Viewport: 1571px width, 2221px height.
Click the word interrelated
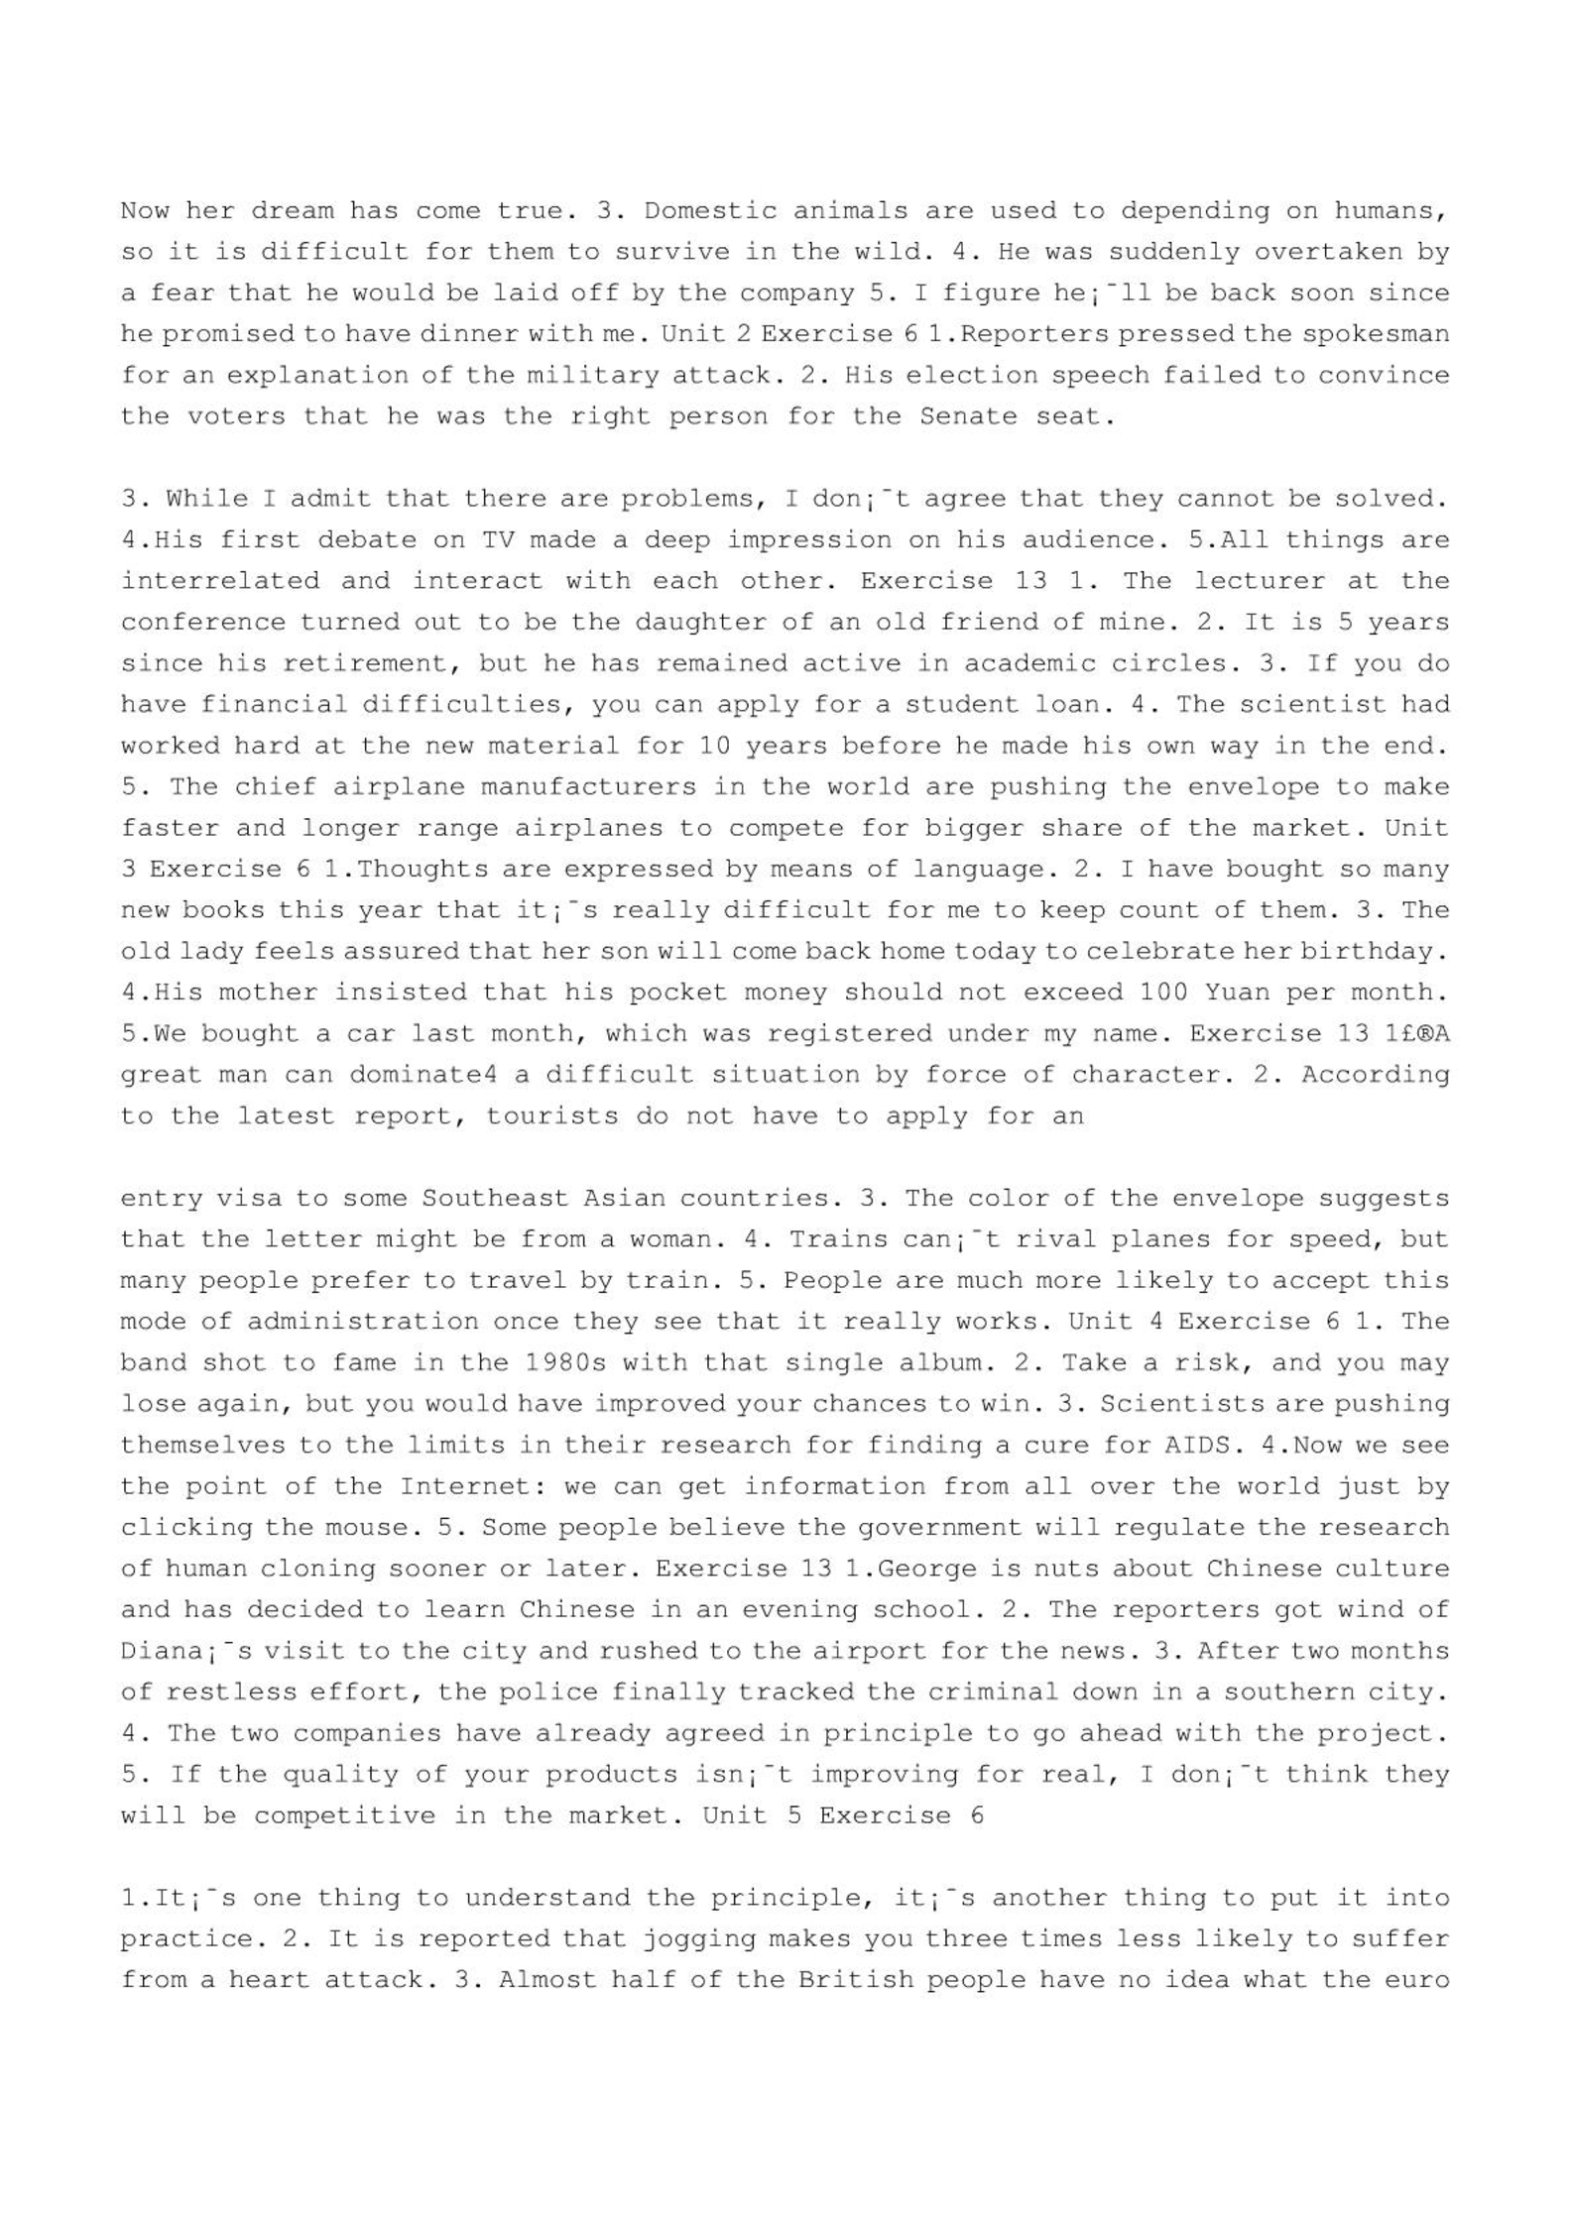[x=220, y=581]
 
